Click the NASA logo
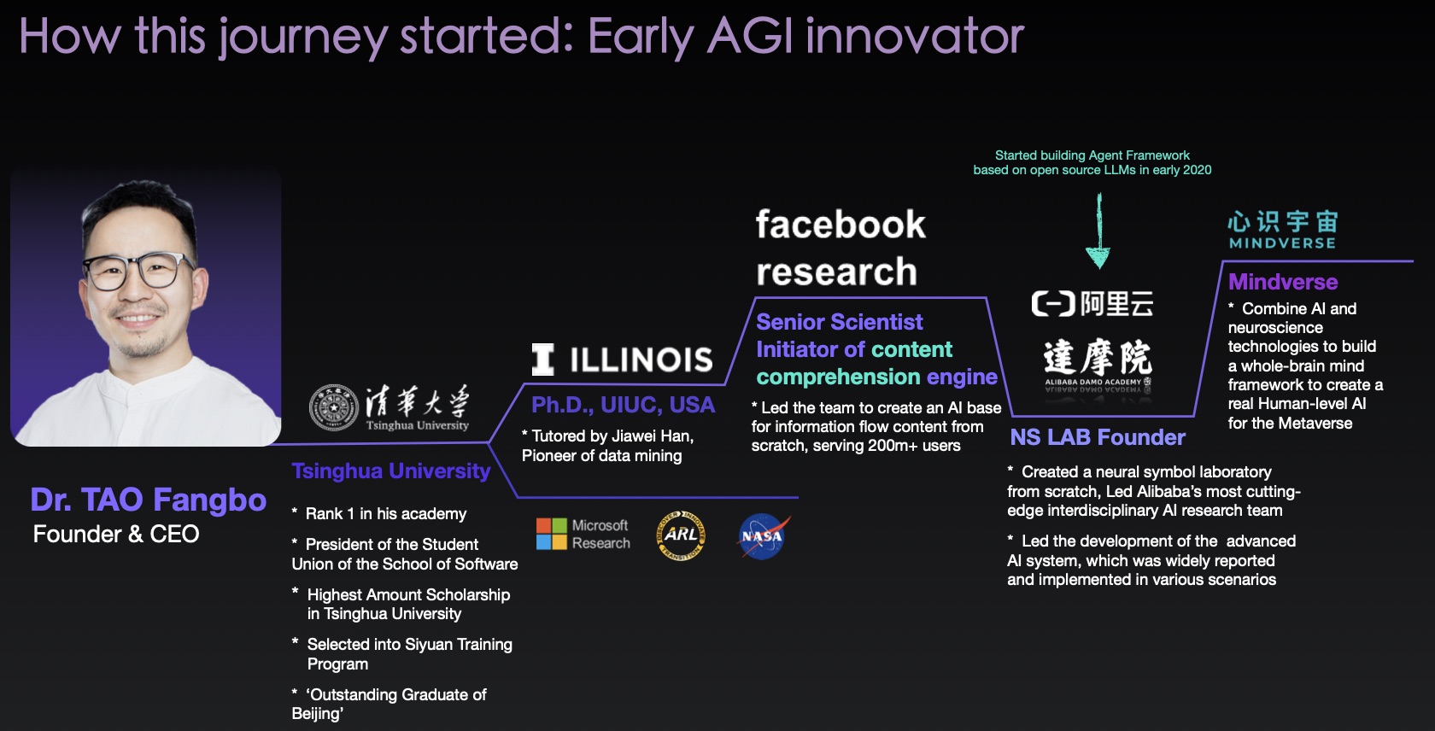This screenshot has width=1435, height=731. coord(762,536)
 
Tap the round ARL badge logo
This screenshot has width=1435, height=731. coord(681,535)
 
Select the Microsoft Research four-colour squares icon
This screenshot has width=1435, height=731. coord(552,534)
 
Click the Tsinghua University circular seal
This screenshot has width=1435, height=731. coord(334,407)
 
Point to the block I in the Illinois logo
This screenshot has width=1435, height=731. coord(542,360)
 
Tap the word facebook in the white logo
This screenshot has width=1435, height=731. coord(840,225)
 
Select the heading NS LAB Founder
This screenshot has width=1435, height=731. coord(1098,437)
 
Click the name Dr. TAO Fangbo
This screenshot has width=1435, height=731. coord(148,500)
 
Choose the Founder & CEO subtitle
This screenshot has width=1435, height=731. coord(116,534)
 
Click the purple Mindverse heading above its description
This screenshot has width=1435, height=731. coord(1283,281)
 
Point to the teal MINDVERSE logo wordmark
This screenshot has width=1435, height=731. coord(1283,243)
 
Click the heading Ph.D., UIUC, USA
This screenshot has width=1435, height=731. coord(623,405)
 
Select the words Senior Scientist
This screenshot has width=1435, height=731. coord(839,322)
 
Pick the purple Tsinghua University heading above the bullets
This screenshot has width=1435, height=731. coord(391,471)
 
